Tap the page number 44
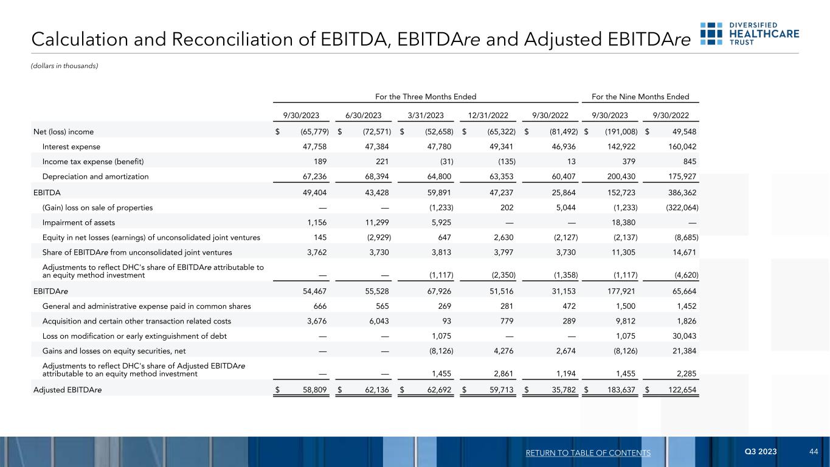coord(814,452)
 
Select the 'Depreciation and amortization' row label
coord(95,176)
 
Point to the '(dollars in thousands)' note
coord(64,66)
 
